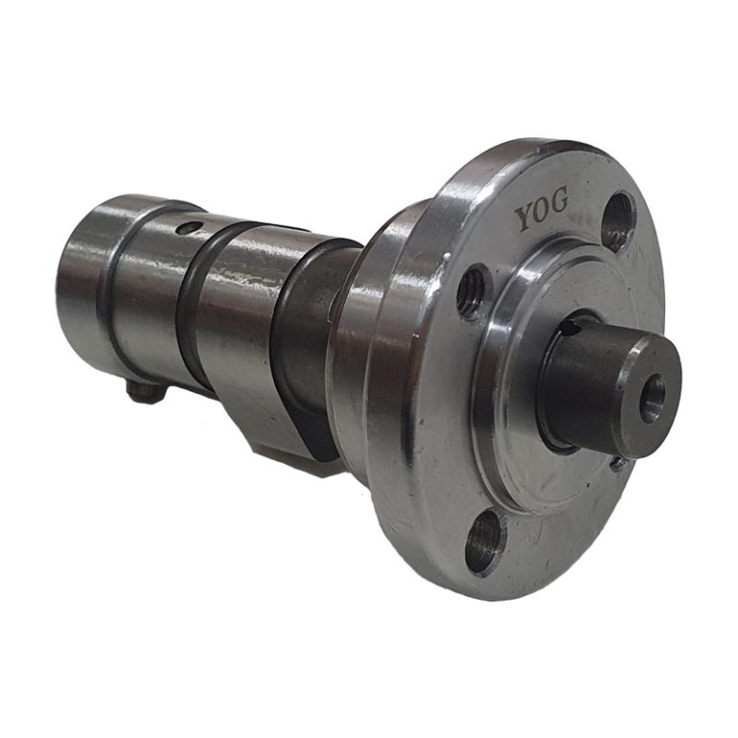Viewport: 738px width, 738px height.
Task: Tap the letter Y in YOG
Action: click(x=525, y=218)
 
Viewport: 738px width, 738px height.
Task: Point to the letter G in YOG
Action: click(x=559, y=202)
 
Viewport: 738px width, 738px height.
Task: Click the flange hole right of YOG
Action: click(x=620, y=217)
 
